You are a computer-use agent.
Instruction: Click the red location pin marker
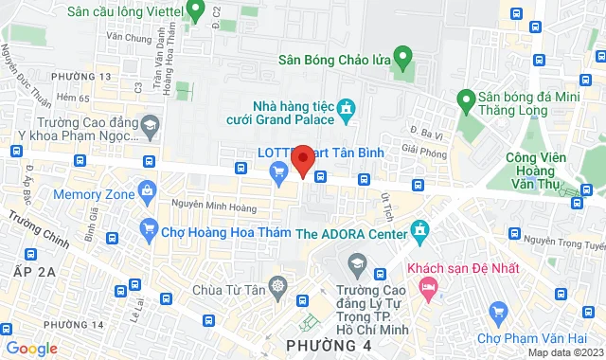[302, 159]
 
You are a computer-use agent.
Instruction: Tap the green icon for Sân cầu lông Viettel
[196, 11]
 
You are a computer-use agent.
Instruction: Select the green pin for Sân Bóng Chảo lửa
[403, 60]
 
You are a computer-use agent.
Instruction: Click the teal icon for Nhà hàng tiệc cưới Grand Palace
[347, 110]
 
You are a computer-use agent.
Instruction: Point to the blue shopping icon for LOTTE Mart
[278, 171]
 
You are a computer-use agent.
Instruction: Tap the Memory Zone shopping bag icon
[148, 193]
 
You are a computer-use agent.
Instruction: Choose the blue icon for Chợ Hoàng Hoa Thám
[148, 228]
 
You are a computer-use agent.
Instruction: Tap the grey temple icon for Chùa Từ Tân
[278, 285]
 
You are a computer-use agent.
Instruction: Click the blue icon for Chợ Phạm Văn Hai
[498, 312]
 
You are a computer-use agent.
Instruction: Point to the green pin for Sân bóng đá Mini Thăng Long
[465, 98]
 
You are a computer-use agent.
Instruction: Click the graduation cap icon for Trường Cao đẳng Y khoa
[150, 124]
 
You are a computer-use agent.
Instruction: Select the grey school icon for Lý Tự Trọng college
[358, 261]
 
